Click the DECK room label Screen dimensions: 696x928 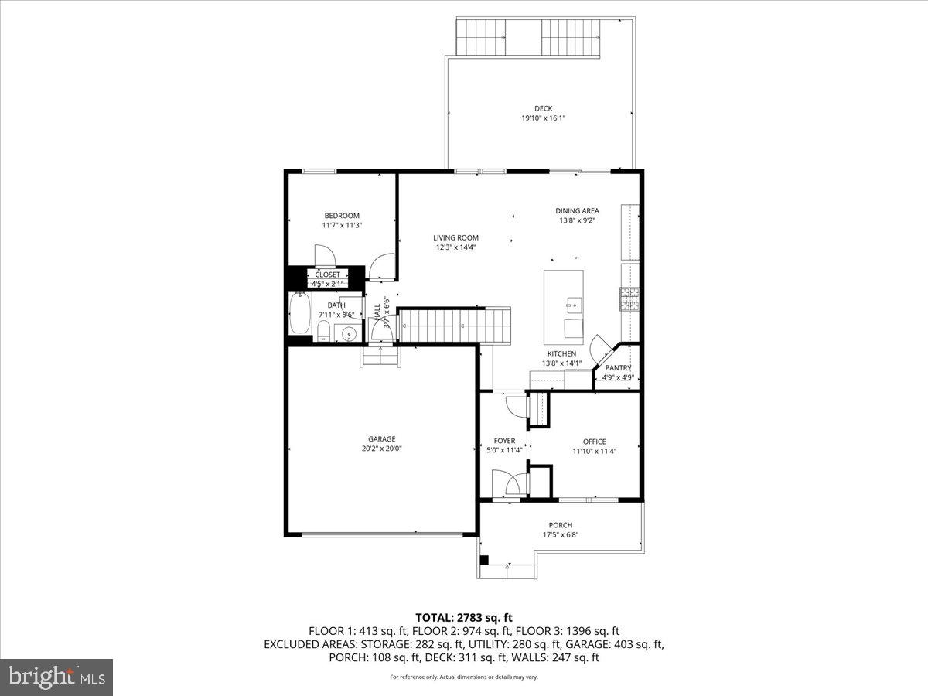tap(543, 108)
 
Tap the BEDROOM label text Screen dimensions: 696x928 tap(341, 216)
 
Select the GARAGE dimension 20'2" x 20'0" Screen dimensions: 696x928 tap(382, 448)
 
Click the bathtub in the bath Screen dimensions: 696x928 tap(299, 313)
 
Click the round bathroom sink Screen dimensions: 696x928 tap(349, 335)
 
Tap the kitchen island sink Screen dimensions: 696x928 tap(573, 304)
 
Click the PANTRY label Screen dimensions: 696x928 tap(618, 368)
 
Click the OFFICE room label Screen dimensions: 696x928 tap(594, 442)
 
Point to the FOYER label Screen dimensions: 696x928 tap(504, 441)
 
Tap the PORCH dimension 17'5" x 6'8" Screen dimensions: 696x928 tap(560, 534)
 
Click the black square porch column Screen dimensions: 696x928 tap(484, 560)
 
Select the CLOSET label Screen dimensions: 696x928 tap(327, 275)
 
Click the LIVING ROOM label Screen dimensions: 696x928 tap(455, 238)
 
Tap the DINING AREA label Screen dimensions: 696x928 tap(577, 210)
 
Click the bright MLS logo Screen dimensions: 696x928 tap(56, 677)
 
